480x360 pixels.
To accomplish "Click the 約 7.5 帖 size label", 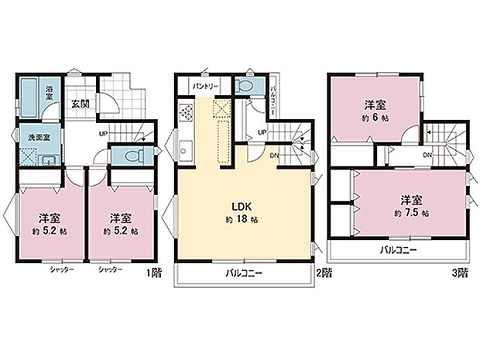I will pyautogui.click(x=410, y=212).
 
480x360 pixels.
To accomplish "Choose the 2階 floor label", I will pyautogui.click(x=324, y=272).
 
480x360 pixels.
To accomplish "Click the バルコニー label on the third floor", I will pyautogui.click(x=398, y=251).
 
